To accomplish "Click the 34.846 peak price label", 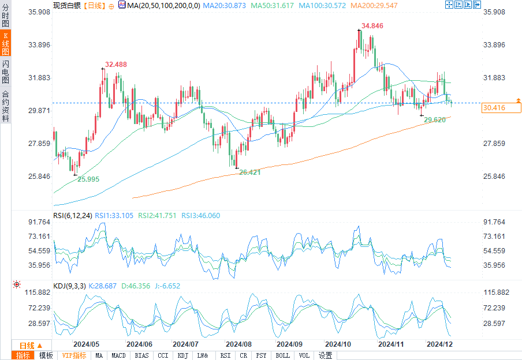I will [372, 26].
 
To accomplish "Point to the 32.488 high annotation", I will [115, 64].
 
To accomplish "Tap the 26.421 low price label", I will [250, 172].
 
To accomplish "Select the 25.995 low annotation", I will [88, 179].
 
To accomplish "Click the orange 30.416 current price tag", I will [494, 107].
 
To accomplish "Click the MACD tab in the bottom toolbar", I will [119, 355].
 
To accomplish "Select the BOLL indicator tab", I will [282, 355].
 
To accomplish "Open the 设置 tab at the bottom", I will [326, 355].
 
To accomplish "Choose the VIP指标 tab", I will [74, 355].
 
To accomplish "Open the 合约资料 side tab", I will [5, 106].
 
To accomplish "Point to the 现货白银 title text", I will [66, 5].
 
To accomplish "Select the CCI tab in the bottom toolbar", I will [163, 355].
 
